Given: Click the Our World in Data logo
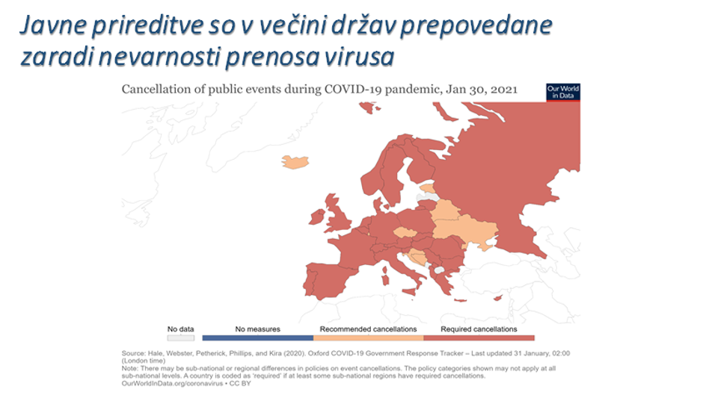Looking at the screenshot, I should click(563, 92).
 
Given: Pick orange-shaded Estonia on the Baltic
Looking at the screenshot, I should click(427, 187).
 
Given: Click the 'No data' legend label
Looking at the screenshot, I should click(180, 329).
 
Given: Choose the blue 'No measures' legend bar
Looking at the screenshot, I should click(257, 338).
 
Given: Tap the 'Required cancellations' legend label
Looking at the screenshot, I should click(479, 329).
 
